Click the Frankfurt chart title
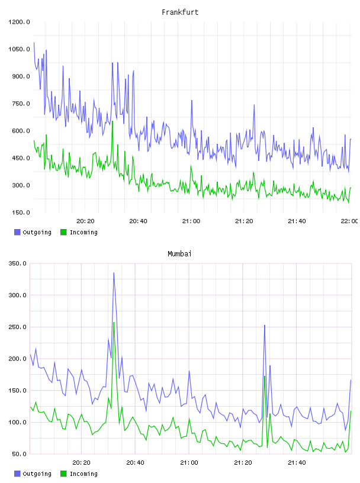(180, 12)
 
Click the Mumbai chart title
(179, 254)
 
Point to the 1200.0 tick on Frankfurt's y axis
(19, 22)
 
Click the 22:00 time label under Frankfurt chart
(349, 221)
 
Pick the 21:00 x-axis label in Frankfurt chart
(191, 221)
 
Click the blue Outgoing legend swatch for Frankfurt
(17, 232)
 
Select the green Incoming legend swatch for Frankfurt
(63, 232)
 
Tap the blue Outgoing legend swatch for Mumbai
(17, 474)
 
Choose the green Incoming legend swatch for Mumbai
(63, 474)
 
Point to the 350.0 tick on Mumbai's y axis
(18, 263)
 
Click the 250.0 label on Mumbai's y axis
(18, 327)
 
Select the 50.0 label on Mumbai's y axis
(19, 454)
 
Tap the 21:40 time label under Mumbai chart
(297, 462)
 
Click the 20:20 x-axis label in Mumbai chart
(81, 462)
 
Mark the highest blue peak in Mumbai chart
(114, 273)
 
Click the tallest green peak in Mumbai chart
(114, 323)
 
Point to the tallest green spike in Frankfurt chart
(112, 121)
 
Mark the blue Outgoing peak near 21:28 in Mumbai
(265, 326)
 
